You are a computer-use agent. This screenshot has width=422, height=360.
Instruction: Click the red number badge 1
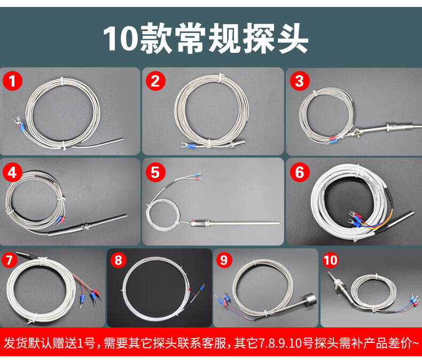(12, 81)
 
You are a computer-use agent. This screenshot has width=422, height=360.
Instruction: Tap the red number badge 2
(155, 81)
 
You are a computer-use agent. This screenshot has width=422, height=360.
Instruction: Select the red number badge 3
(300, 81)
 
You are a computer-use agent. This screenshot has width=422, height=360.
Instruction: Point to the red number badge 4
(12, 172)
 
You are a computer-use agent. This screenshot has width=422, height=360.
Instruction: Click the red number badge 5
(155, 172)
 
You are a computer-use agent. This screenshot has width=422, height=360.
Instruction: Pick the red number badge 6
(300, 172)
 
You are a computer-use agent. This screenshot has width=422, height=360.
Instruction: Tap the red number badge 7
(10, 260)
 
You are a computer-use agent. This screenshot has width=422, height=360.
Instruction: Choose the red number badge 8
(119, 260)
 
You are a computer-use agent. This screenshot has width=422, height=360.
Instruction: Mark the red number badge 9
(224, 260)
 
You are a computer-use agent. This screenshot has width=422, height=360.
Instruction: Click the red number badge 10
(330, 260)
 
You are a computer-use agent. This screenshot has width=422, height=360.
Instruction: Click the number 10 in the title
(120, 38)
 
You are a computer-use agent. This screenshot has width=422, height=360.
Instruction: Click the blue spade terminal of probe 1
(21, 127)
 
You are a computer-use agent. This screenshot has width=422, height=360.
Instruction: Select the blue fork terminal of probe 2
(192, 146)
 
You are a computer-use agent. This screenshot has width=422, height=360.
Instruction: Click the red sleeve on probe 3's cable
(333, 139)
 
